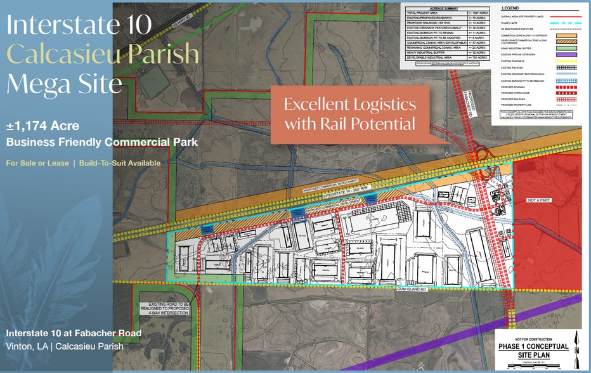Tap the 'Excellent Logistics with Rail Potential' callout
tap(349, 114)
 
